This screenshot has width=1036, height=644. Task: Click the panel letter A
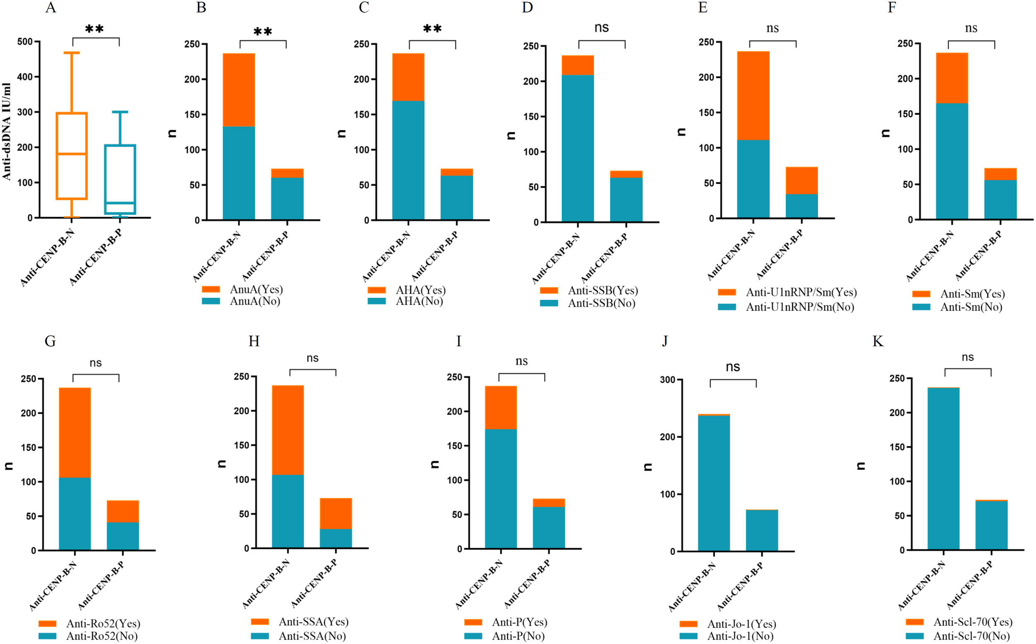pos(51,8)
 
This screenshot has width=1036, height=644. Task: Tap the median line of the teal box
pos(120,203)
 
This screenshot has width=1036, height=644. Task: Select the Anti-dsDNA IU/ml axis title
pos(6,131)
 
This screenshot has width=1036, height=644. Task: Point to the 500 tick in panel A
pos(25,42)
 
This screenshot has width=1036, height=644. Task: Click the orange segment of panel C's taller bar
pos(408,77)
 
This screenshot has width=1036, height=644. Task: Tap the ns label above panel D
pos(601,28)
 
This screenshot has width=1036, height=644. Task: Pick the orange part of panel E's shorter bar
pos(801,180)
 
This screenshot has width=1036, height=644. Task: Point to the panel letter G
pos(50,341)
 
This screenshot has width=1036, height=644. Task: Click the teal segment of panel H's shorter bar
pos(336,538)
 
